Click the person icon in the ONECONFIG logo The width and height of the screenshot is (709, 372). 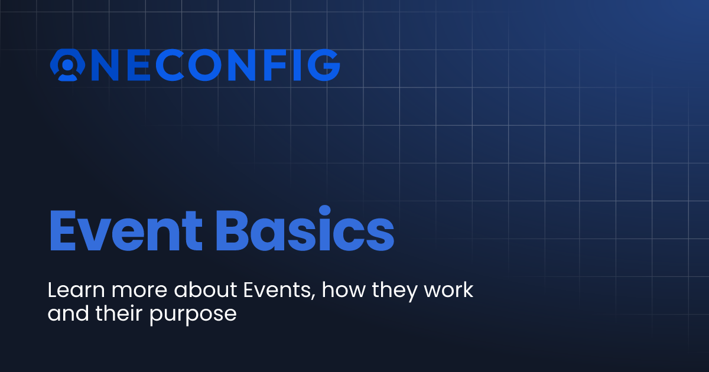click(69, 66)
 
